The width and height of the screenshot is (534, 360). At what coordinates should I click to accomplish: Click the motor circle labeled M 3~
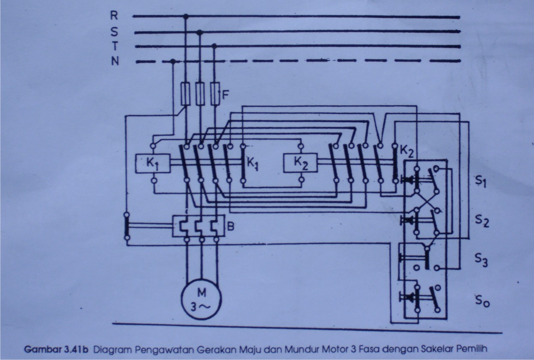point(202,299)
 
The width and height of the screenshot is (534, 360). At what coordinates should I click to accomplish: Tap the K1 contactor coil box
point(153,163)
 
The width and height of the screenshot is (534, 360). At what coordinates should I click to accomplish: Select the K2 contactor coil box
point(300,163)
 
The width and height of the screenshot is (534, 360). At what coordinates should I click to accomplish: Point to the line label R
point(115,16)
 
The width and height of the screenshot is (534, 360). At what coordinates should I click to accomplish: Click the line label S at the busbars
point(115,31)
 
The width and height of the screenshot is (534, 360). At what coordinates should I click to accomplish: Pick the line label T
point(115,45)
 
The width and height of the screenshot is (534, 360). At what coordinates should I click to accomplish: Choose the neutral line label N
point(115,62)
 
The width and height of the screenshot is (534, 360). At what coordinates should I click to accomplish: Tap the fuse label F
point(225,91)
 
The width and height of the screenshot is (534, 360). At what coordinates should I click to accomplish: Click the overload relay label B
point(231,227)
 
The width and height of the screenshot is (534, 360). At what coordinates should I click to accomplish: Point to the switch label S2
point(481,222)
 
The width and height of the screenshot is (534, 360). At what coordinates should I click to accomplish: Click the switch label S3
point(481,260)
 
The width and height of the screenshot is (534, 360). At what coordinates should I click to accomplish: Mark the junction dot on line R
point(186,17)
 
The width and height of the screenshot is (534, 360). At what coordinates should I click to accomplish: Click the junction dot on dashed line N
point(172,62)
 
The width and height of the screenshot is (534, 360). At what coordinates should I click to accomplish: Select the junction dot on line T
point(214,46)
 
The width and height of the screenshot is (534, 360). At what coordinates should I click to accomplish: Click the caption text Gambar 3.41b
point(56,348)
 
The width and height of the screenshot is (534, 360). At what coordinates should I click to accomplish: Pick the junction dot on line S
point(199,32)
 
